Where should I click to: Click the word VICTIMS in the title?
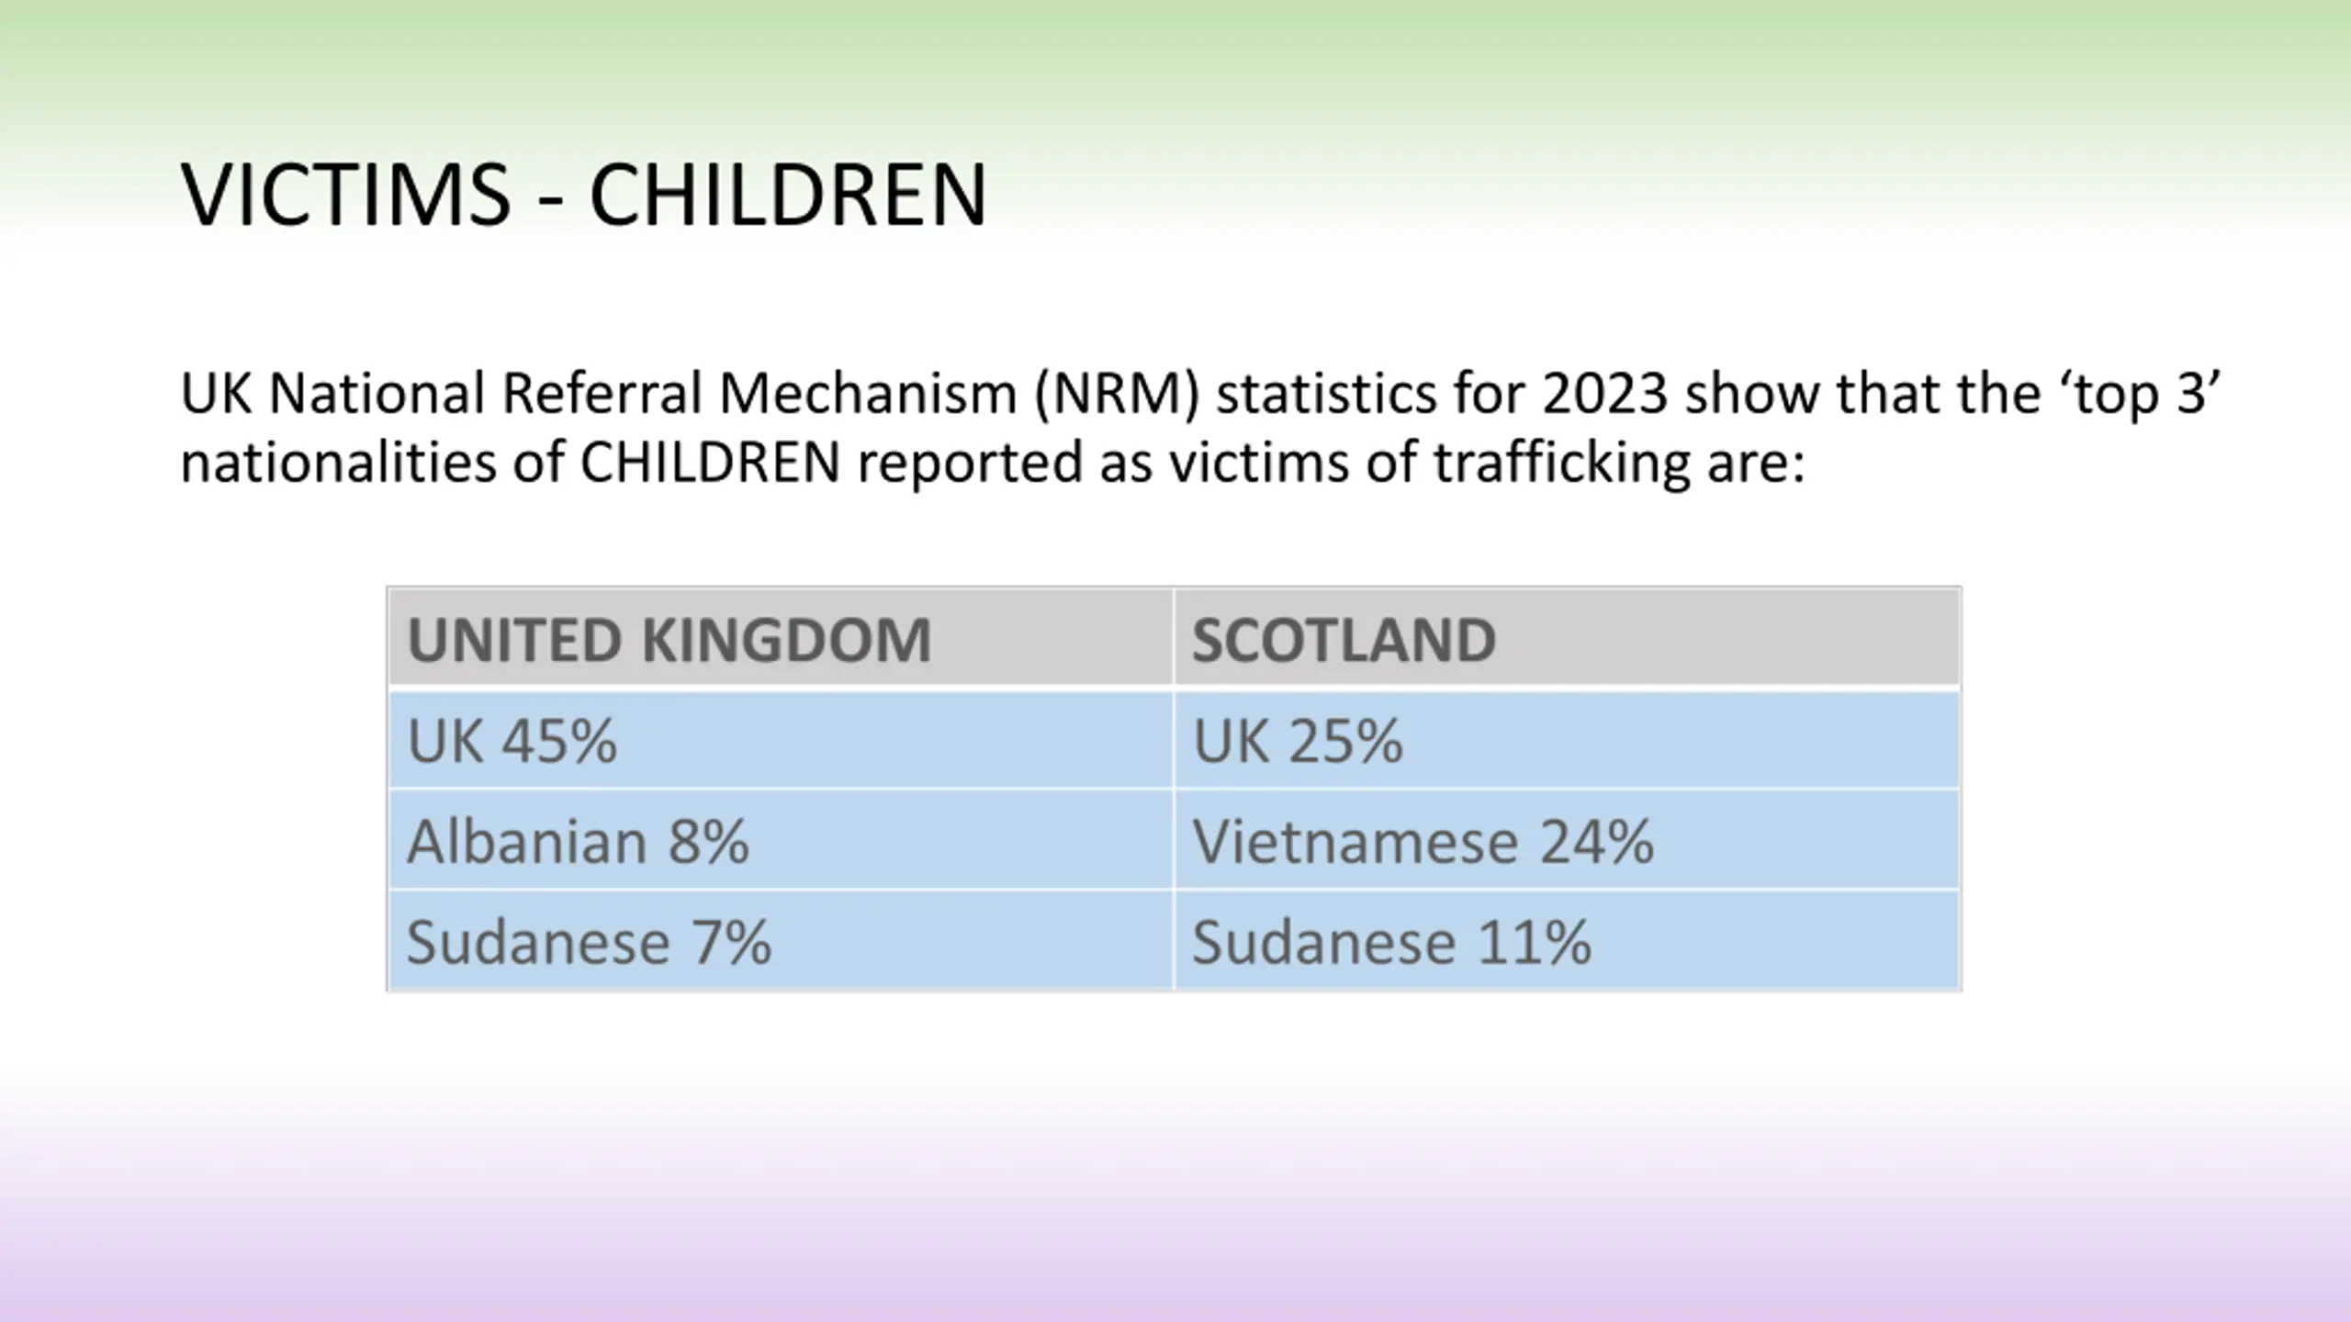pyautogui.click(x=345, y=195)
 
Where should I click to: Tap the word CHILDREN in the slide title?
pyautogui.click(x=787, y=195)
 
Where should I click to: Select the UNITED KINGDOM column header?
pyautogui.click(x=669, y=640)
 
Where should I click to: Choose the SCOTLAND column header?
pyautogui.click(x=1344, y=640)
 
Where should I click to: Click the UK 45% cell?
pyautogui.click(x=512, y=741)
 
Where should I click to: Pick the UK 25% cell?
pyautogui.click(x=1297, y=741)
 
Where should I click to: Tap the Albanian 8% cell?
pyautogui.click(x=578, y=842)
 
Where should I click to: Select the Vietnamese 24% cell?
pyautogui.click(x=1423, y=842)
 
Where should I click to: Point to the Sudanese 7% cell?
pyautogui.click(x=589, y=943)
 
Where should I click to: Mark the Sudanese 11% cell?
pyautogui.click(x=1391, y=943)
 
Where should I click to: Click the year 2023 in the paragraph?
pyautogui.click(x=1604, y=394)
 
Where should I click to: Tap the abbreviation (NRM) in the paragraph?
pyautogui.click(x=1117, y=394)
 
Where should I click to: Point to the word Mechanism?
pyautogui.click(x=867, y=394)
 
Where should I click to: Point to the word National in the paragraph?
pyautogui.click(x=376, y=394)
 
